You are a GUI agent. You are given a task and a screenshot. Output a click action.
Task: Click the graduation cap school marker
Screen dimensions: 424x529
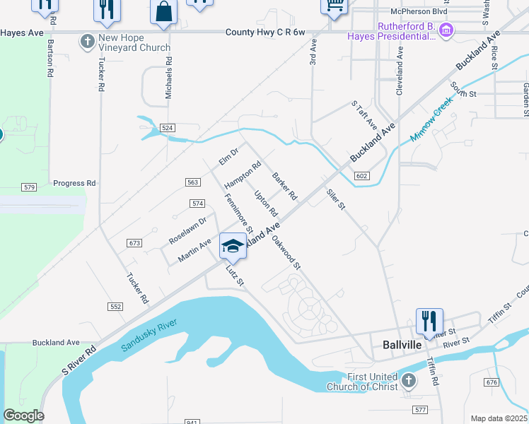(233, 246)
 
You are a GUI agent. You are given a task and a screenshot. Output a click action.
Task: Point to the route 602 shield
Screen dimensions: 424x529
(361, 176)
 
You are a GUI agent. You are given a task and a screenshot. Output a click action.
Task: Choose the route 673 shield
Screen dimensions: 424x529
(135, 243)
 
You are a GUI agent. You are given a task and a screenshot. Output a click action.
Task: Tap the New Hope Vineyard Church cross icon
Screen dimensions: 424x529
(88, 42)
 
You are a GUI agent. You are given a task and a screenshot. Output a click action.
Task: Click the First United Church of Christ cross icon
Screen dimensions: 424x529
(408, 381)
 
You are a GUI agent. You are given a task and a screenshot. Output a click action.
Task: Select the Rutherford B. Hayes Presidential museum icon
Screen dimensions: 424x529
(446, 31)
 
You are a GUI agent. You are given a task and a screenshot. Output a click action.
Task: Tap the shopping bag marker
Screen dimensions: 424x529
(163, 12)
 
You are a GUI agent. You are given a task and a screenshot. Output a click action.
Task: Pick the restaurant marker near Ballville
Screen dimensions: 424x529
(429, 322)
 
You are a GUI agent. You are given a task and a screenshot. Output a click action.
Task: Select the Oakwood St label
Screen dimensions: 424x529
(286, 252)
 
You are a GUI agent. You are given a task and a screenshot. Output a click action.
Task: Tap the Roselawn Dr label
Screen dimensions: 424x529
(187, 230)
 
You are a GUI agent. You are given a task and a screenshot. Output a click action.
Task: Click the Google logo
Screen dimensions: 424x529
(23, 416)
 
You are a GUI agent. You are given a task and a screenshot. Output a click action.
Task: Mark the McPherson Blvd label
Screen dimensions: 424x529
(419, 11)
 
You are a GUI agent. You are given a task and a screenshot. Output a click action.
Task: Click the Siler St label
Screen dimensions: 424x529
(335, 199)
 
